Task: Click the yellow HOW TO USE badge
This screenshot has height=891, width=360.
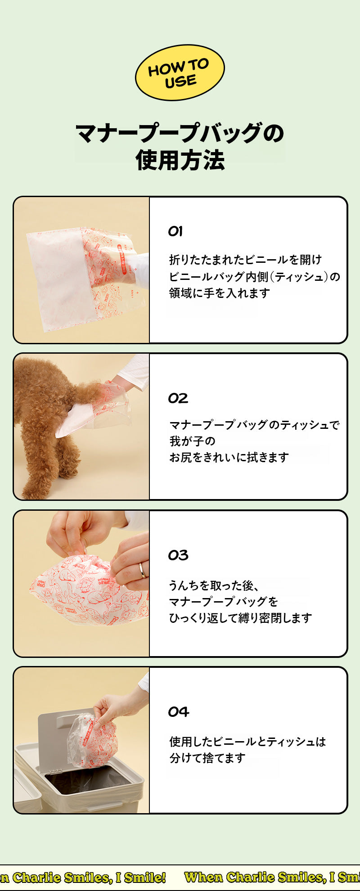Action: coord(180,72)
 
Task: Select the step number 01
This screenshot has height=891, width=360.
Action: coord(175,231)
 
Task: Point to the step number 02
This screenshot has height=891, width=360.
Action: coord(178,398)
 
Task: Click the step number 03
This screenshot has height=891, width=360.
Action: coord(178,555)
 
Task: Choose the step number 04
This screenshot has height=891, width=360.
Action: coord(179,712)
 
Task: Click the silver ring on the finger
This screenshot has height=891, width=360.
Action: coord(142,570)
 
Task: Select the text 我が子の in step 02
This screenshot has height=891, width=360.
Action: coord(192,441)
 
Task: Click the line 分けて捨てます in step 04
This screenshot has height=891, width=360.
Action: coord(207,758)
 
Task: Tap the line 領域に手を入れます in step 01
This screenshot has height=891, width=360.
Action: coord(220,293)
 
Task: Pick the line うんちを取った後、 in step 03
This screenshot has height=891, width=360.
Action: coord(214,585)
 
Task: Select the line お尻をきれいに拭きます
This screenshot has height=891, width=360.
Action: coord(229,457)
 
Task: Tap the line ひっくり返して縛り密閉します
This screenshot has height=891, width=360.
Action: coord(240,618)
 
